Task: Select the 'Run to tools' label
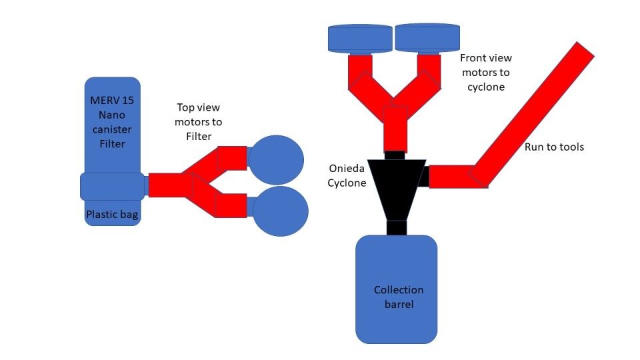click(x=554, y=147)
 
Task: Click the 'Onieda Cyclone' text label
click(x=347, y=176)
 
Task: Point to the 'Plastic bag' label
click(x=112, y=215)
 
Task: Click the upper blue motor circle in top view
click(x=275, y=159)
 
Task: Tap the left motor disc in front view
click(x=360, y=38)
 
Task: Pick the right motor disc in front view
click(x=427, y=38)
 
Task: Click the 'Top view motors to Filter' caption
click(x=198, y=122)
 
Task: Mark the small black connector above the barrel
click(x=397, y=227)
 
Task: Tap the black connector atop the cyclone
click(x=395, y=155)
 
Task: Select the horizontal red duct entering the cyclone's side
click(x=450, y=177)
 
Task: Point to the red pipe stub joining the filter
click(x=164, y=185)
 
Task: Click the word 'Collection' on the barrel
click(x=399, y=290)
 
